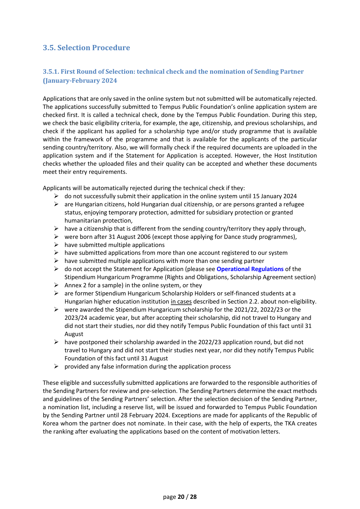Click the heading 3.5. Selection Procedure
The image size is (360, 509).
click(x=86, y=48)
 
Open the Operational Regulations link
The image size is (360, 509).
click(x=250, y=269)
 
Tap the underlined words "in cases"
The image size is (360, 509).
click(x=181, y=302)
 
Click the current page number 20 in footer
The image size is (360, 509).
click(x=181, y=497)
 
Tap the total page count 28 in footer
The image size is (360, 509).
click(x=193, y=497)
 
